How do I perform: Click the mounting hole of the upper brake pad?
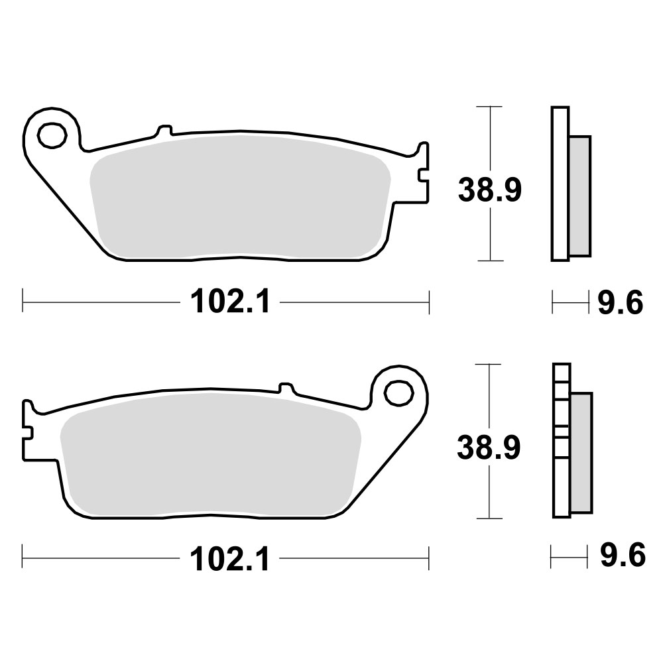click(52, 136)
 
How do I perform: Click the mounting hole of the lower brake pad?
click(398, 392)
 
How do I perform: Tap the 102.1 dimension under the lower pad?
click(230, 560)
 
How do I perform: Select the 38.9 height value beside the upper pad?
click(490, 191)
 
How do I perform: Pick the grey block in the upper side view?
click(579, 196)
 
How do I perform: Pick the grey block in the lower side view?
click(581, 452)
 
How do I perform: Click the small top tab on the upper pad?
click(163, 130)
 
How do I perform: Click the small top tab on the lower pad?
click(286, 387)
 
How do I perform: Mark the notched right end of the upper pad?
click(422, 174)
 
